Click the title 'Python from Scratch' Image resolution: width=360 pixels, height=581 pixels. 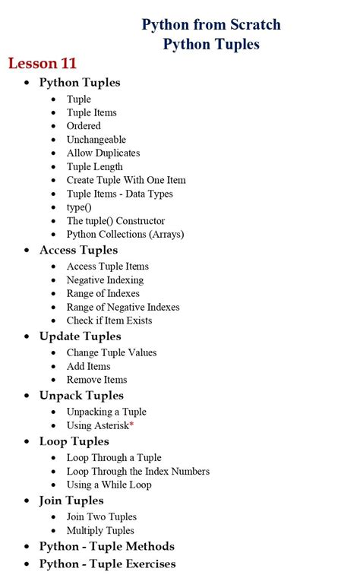(x=211, y=25)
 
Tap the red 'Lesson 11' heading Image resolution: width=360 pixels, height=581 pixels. (x=43, y=63)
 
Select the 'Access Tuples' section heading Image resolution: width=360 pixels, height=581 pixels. (x=78, y=250)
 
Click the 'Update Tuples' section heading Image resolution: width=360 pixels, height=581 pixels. (x=80, y=336)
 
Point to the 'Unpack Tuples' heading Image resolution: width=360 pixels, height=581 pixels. (x=81, y=395)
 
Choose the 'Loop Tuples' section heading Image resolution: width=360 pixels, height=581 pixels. (x=74, y=441)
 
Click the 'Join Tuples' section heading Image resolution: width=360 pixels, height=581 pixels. (x=71, y=500)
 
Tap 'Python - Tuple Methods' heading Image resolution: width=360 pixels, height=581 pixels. (x=106, y=546)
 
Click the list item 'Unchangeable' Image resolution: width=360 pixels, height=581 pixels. (x=96, y=140)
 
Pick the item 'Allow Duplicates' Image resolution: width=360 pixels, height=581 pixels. (x=103, y=153)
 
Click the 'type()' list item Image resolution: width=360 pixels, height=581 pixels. (x=79, y=207)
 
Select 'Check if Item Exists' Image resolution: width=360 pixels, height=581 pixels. (x=109, y=320)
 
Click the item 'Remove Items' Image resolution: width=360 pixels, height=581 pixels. (x=96, y=380)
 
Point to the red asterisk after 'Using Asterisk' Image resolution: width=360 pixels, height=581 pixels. (x=131, y=424)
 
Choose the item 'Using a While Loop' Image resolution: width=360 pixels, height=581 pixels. (x=109, y=485)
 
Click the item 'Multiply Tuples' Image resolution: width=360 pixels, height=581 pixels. (x=100, y=530)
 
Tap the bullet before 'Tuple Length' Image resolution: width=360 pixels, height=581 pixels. (x=53, y=167)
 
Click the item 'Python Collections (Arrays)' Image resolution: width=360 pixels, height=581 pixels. (x=125, y=234)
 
